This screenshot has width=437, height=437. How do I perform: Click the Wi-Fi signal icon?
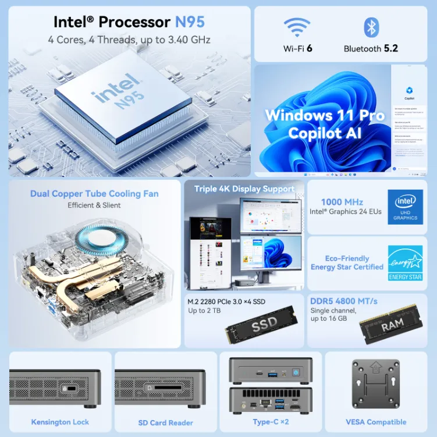click(x=297, y=27)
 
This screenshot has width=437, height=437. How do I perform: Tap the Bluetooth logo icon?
click(x=371, y=27)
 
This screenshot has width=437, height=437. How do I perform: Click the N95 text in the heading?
click(x=190, y=22)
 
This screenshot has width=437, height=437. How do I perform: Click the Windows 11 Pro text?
click(x=325, y=115)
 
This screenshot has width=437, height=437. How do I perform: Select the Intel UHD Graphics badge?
click(x=405, y=207)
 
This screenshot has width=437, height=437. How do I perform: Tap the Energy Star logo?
click(x=405, y=262)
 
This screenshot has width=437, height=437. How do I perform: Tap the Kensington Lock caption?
click(x=60, y=422)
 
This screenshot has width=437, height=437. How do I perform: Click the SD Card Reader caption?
click(x=165, y=422)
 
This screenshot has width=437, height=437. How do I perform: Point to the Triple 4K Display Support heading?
click(x=244, y=189)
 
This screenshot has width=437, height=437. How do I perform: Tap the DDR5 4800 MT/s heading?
click(x=344, y=301)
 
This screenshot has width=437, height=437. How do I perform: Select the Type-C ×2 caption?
click(x=271, y=422)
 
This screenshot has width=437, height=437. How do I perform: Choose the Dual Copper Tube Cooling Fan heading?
click(x=94, y=193)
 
